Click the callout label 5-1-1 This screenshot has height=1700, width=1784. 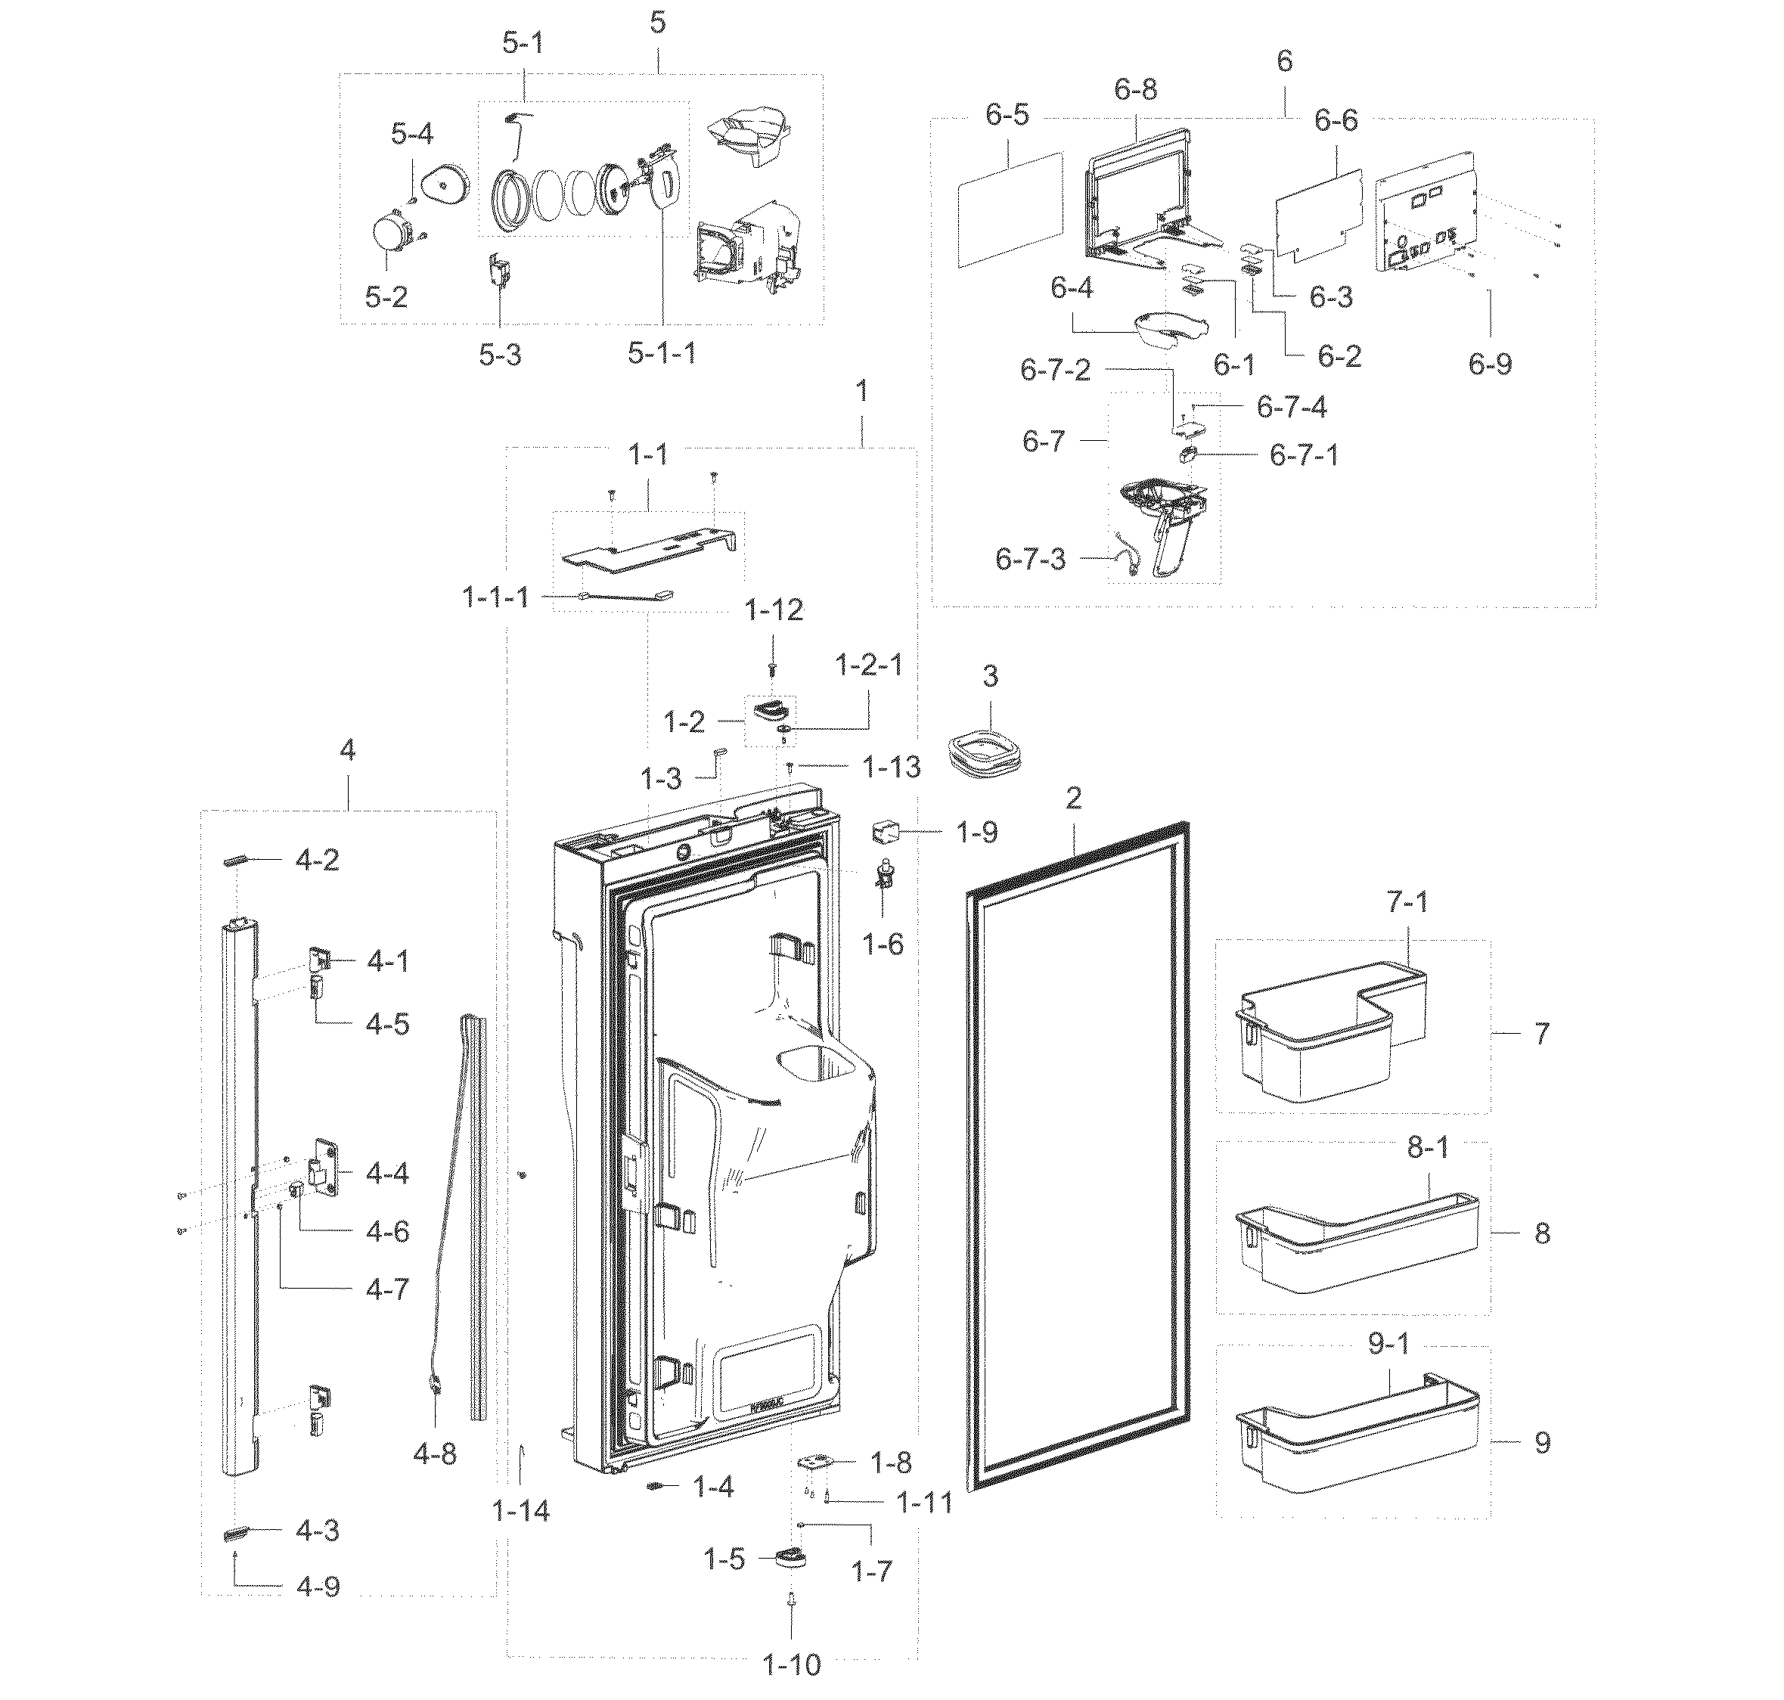pyautogui.click(x=662, y=353)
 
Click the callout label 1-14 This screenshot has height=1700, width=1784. pyautogui.click(x=521, y=1509)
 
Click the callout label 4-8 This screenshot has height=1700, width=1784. pyautogui.click(x=435, y=1454)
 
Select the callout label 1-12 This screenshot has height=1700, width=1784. pyautogui.click(x=774, y=610)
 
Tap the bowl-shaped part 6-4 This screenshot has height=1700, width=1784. pyautogui.click(x=1169, y=328)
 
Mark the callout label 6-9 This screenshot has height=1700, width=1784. pyautogui.click(x=1491, y=365)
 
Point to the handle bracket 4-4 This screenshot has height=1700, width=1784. pyautogui.click(x=326, y=1171)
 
